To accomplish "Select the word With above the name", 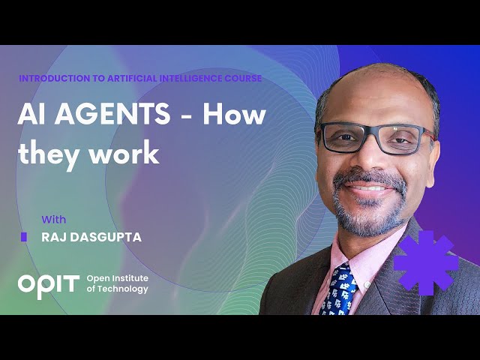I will pos(53,220).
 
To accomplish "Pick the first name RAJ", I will pos(54,237).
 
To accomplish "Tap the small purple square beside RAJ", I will pos(24,237).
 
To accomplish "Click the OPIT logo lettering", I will pos(48,283).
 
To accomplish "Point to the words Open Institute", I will pos(118,277).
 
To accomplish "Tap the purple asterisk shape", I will pos(426,262).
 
